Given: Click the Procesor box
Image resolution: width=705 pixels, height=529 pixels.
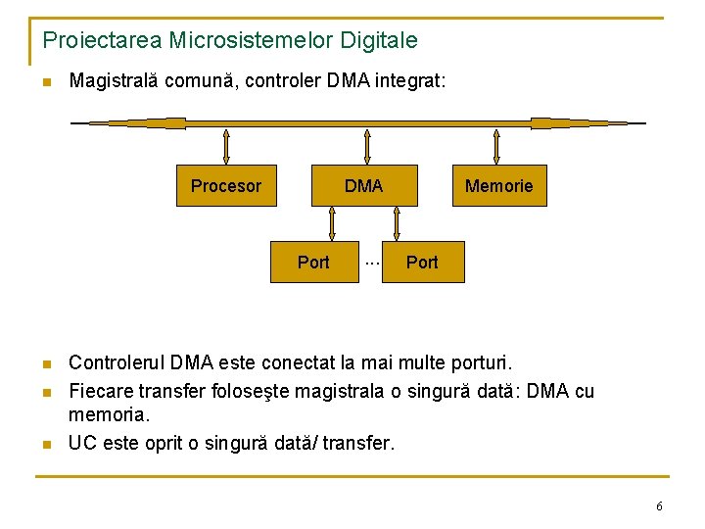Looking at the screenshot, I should [x=226, y=186].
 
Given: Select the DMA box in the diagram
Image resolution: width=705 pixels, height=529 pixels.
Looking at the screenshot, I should [x=364, y=186].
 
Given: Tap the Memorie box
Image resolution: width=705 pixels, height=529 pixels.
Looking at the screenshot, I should [x=498, y=186].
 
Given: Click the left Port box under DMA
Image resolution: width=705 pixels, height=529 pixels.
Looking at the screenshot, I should [x=313, y=263].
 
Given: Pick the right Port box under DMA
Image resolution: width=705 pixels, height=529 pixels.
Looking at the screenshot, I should [x=422, y=263].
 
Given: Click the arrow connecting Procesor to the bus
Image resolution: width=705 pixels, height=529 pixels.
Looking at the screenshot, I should [x=226, y=147].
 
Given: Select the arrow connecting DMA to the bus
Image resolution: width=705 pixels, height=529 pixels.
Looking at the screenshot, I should [x=367, y=147].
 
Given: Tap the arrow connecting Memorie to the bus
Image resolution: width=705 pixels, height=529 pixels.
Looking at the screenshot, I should [x=497, y=147].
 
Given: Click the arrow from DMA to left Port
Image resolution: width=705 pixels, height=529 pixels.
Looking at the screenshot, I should [x=333, y=224].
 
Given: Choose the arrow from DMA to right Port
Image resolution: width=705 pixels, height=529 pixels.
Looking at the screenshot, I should [x=397, y=224].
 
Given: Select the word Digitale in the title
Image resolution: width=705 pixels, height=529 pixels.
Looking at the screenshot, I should [x=381, y=41].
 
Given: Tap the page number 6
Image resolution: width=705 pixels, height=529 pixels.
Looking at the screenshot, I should [x=659, y=506].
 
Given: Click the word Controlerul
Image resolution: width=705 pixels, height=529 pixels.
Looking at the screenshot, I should [x=117, y=364].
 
